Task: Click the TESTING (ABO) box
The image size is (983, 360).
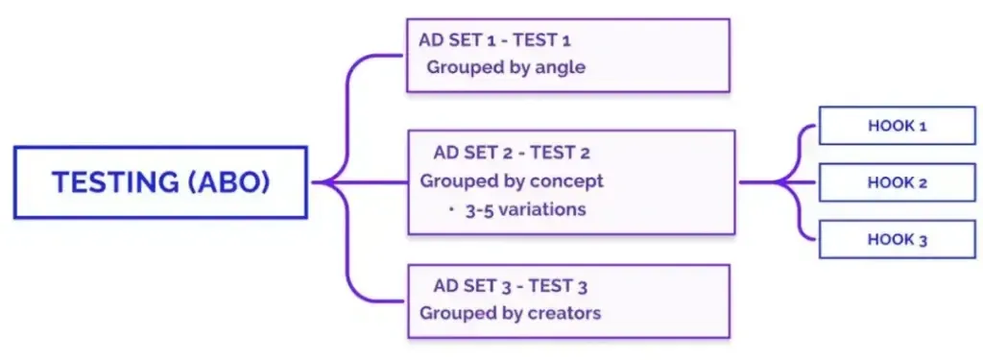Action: (160, 182)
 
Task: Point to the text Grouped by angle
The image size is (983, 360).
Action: (506, 67)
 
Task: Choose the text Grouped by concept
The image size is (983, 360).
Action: (512, 180)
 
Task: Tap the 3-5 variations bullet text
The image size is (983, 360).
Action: (524, 208)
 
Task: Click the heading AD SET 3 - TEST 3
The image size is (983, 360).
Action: (510, 285)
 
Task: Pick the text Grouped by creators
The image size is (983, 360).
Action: (510, 313)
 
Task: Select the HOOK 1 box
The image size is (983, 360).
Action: (897, 126)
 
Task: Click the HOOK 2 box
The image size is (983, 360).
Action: (897, 182)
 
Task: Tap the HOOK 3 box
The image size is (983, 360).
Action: (897, 239)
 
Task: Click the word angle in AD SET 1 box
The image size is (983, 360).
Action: (563, 68)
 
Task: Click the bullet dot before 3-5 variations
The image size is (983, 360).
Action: (452, 208)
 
